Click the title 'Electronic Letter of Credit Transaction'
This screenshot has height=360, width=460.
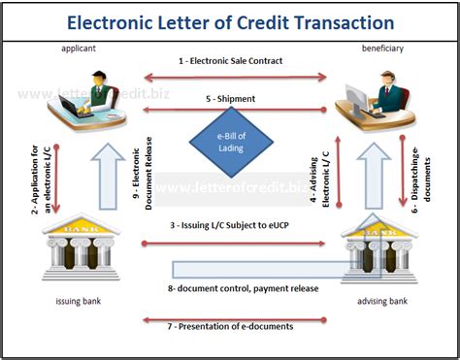click(x=230, y=20)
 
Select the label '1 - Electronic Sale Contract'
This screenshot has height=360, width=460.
click(x=231, y=61)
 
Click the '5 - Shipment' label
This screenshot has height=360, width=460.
click(x=230, y=98)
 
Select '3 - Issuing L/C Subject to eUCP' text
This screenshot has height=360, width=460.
click(x=231, y=225)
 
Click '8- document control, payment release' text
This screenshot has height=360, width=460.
click(x=230, y=287)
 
